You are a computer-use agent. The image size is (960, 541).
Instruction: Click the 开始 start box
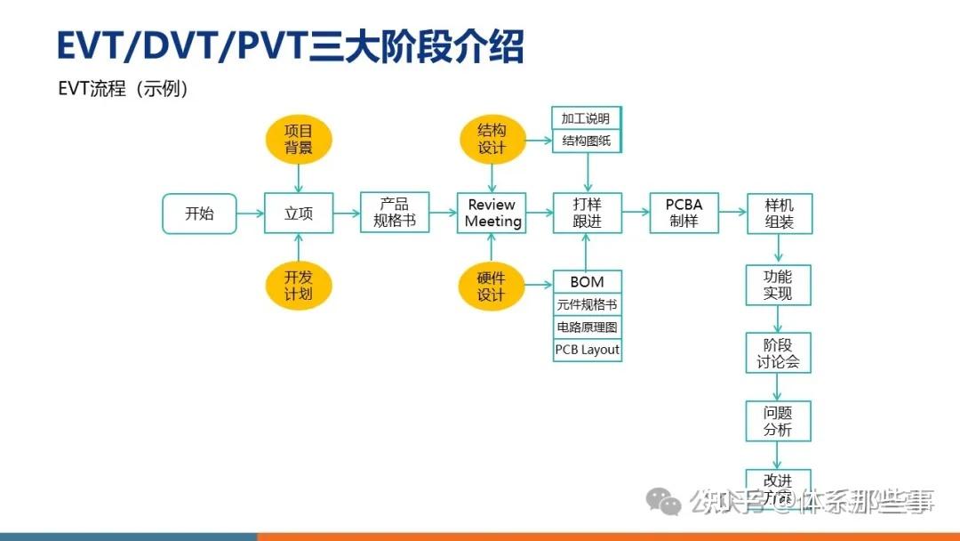coord(199,214)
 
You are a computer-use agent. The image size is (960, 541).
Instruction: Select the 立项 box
coord(299,214)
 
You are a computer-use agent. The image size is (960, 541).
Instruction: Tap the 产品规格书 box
coord(395,213)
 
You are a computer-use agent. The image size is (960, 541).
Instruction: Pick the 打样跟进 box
coord(587,214)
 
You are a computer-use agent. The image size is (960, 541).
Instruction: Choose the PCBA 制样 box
coord(684,213)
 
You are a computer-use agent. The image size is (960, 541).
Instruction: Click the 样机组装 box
coord(779,214)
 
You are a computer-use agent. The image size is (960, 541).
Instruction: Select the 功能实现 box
coord(778,285)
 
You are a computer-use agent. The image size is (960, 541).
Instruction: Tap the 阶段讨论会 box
coord(778,353)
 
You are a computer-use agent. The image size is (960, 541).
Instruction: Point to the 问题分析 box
coord(778,421)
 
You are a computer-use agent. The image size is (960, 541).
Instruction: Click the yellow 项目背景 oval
coord(299,140)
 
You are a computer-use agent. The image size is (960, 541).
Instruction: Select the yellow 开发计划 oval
coord(299,286)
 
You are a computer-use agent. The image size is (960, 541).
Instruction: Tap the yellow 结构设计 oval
coord(492,140)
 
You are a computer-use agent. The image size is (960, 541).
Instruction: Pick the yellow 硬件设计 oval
coord(492,286)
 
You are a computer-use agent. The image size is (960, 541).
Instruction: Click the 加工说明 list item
coord(587,118)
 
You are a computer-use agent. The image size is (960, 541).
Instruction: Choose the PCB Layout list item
coord(587,350)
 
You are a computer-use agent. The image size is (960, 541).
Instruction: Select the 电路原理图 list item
coord(587,327)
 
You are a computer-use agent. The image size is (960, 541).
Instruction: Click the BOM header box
coord(587,281)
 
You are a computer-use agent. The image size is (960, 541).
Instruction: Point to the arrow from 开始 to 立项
coord(251,214)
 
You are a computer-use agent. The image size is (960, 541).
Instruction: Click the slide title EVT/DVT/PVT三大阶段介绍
coord(290,46)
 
